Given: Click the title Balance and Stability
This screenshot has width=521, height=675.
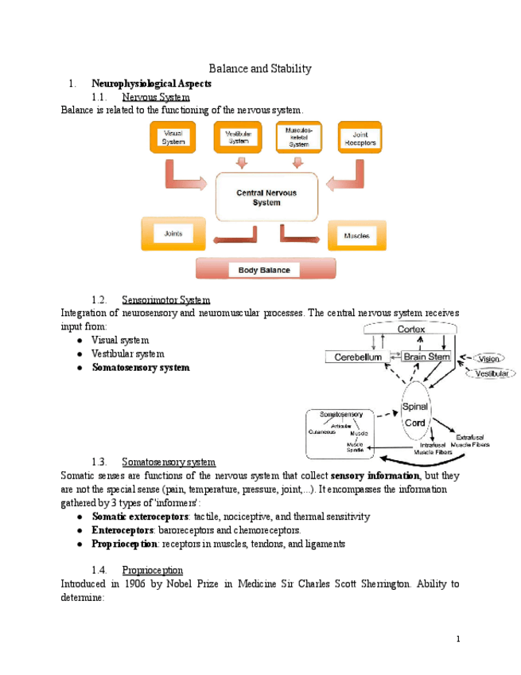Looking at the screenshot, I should pos(260,68).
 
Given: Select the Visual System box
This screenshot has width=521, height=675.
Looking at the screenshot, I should pos(173,139).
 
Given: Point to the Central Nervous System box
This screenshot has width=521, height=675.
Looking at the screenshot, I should pos(267,197).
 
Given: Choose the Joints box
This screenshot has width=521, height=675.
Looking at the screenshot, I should pos(173,234).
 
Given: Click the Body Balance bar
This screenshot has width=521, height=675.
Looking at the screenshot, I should pos(265,270).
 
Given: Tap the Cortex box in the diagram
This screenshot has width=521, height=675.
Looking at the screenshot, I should pos(411,330).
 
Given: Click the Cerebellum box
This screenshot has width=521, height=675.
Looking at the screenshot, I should pos(356,357).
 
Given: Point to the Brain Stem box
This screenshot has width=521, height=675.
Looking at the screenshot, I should pos(427,357).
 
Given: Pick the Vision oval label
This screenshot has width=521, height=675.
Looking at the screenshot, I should pos(488,358).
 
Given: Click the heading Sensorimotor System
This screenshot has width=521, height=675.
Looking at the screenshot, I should pos(166,300).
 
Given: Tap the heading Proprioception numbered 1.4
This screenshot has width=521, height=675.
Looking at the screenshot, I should pos(153,570).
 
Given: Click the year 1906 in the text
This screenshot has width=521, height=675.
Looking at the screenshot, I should pos(136,583).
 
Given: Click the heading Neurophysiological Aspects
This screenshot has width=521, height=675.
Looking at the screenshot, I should pos(152,83).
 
